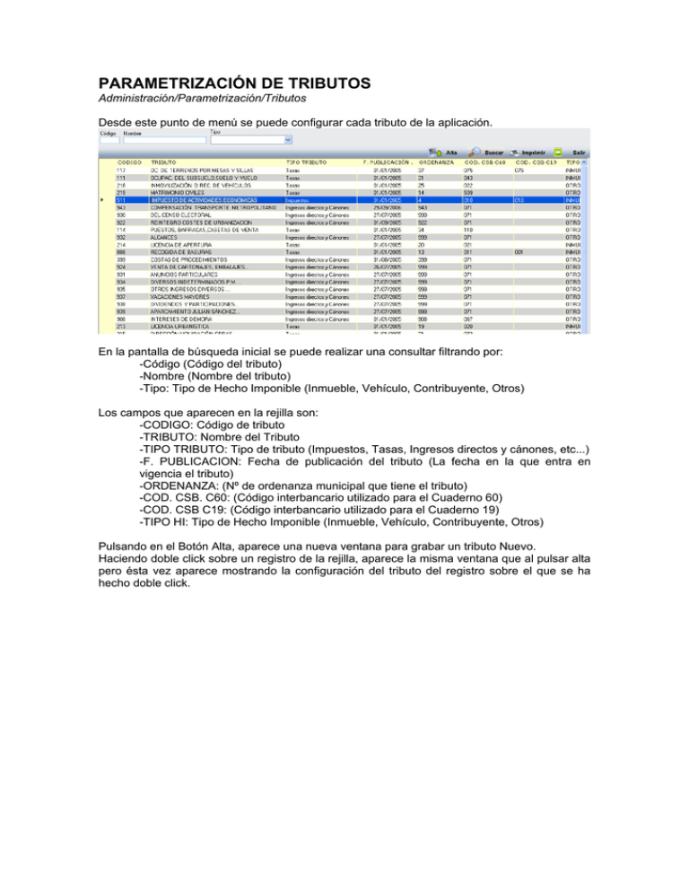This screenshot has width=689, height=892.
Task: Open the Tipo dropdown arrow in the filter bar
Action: [x=287, y=140]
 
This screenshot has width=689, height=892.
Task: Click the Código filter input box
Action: [x=109, y=140]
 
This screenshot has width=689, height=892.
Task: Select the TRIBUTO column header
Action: [x=162, y=162]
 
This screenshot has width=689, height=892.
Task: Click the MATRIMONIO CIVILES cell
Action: [x=179, y=192]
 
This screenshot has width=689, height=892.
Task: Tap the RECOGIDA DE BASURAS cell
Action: [x=179, y=252]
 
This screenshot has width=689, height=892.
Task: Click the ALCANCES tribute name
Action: [x=164, y=237]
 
